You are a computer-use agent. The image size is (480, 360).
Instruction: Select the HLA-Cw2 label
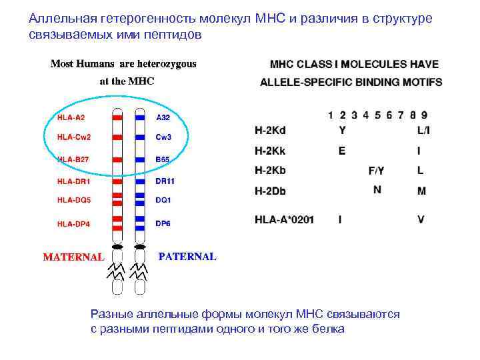point(73,137)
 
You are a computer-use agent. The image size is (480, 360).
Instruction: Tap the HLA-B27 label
point(73,159)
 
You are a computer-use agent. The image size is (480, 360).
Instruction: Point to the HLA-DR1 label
point(73,180)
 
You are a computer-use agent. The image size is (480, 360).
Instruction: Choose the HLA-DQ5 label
point(73,199)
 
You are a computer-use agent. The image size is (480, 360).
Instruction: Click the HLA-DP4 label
point(73,223)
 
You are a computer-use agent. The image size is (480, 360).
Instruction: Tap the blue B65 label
point(163,159)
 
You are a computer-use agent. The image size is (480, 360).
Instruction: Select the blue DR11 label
point(165,180)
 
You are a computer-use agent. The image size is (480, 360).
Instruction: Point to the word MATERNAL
point(73,257)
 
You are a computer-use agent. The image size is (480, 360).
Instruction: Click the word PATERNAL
point(187,256)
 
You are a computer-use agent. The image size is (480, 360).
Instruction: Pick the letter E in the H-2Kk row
point(342,151)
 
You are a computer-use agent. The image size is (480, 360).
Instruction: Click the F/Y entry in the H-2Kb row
point(377,171)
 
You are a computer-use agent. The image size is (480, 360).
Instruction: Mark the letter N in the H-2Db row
point(377,189)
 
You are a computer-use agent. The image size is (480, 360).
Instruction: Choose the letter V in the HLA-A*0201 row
point(421,219)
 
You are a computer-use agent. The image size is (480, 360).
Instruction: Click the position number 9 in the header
point(424,115)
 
